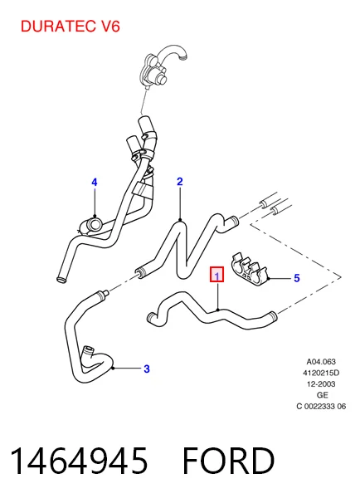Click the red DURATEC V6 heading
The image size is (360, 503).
[71, 27]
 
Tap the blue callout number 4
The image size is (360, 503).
[94, 183]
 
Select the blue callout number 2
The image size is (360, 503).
[180, 182]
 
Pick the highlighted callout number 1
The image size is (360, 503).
[217, 275]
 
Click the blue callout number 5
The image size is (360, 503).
[297, 278]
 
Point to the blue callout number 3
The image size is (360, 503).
[147, 369]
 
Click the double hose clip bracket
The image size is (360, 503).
[249, 269]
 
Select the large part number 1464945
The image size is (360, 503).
[79, 461]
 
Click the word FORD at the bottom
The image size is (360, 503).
[229, 461]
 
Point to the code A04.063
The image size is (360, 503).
[321, 362]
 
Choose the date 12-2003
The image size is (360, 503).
[321, 384]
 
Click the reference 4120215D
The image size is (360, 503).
[321, 373]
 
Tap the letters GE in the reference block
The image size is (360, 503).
[322, 395]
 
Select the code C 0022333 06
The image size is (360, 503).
[321, 407]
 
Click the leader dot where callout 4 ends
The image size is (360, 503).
[95, 216]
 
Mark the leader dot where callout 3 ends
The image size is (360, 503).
[113, 369]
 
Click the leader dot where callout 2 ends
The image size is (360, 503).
[180, 220]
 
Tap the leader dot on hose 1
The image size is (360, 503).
[218, 310]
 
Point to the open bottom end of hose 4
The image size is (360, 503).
[61, 280]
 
